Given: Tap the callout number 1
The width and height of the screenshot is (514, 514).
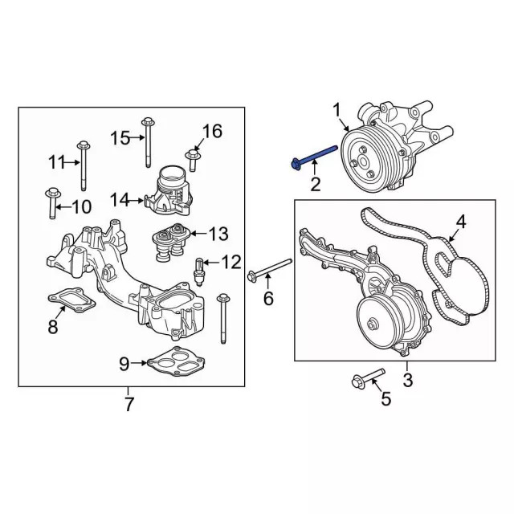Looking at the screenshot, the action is tap(337, 111).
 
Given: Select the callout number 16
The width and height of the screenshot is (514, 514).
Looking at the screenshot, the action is tap(212, 131).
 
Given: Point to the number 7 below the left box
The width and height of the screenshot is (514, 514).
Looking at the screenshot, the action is tap(128, 404).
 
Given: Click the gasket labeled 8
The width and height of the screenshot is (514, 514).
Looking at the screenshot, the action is tap(71, 300).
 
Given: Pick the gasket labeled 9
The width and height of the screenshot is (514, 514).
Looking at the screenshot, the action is tap(177, 361).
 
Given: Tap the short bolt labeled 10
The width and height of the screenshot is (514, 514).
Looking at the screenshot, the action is tap(52, 202).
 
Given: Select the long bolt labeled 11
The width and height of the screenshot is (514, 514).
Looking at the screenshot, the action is tap(84, 165).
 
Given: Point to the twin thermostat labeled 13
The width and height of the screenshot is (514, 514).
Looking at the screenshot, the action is tap(171, 242).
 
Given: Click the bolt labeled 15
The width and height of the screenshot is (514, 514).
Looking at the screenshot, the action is tap(148, 143).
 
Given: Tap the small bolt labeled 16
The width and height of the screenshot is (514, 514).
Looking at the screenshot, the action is tap(192, 161).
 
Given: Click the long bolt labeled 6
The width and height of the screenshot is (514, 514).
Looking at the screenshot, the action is tap(270, 269).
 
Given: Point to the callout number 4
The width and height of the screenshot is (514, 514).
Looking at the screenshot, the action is tap(460, 222).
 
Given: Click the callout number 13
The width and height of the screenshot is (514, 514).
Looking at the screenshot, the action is tap(218, 234).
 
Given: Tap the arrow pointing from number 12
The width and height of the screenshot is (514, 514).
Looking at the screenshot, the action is tap(212, 263).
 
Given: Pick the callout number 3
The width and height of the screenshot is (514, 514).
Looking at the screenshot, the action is tap(407, 380).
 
